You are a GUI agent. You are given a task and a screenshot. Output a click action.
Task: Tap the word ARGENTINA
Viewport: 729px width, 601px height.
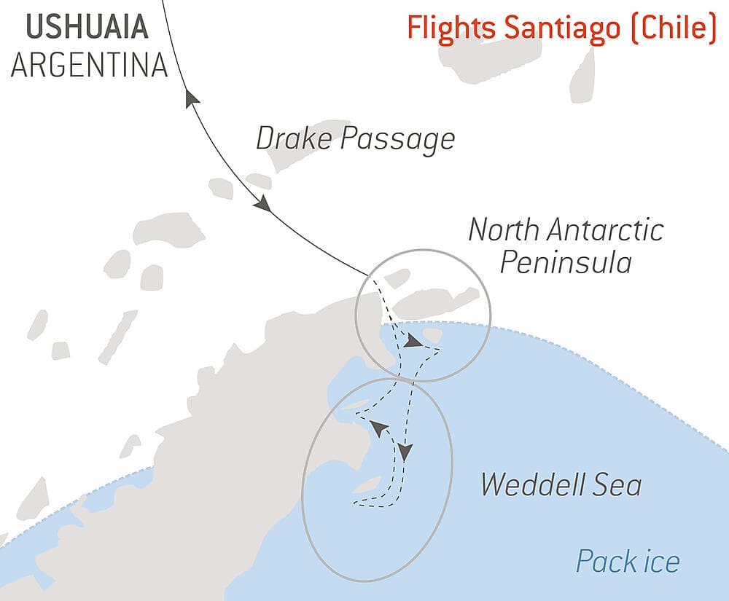tap(89, 65)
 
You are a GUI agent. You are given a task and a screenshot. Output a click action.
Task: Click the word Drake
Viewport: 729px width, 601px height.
tap(295, 138)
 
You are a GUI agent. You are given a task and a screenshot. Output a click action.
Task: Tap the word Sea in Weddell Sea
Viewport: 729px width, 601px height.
tap(618, 484)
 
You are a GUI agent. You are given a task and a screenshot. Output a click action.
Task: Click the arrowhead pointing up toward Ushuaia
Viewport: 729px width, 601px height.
tap(192, 100)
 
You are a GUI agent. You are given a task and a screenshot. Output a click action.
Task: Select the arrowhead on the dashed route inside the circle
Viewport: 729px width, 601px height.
tap(413, 341)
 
